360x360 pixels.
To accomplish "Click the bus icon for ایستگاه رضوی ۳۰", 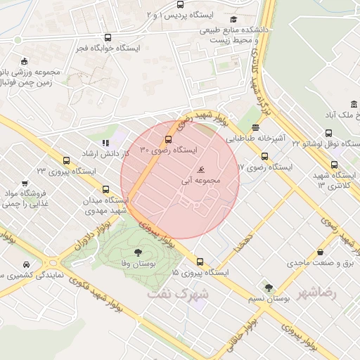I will click(168, 139).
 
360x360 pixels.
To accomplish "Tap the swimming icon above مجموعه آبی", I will click(202, 170).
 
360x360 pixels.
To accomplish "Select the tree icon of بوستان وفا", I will click(137, 251).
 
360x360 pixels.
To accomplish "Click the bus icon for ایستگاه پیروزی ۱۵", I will click(200, 261).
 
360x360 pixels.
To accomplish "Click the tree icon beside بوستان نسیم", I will click(269, 287).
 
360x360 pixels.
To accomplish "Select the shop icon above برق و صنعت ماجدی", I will click(321, 252).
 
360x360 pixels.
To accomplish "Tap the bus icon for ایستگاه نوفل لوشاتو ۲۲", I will click(328, 133).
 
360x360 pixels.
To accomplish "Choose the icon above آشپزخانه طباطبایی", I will click(255, 128).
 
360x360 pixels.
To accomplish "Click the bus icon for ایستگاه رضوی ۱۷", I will click(264, 157).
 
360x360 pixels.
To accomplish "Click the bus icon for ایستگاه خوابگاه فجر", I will click(108, 38).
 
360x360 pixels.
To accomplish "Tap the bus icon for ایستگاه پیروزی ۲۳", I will click(67, 160).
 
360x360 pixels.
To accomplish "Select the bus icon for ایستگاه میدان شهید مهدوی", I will click(106, 189).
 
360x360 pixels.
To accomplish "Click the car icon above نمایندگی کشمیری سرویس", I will click(25, 264).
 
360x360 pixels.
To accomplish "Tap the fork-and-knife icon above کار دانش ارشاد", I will click(106, 143).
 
